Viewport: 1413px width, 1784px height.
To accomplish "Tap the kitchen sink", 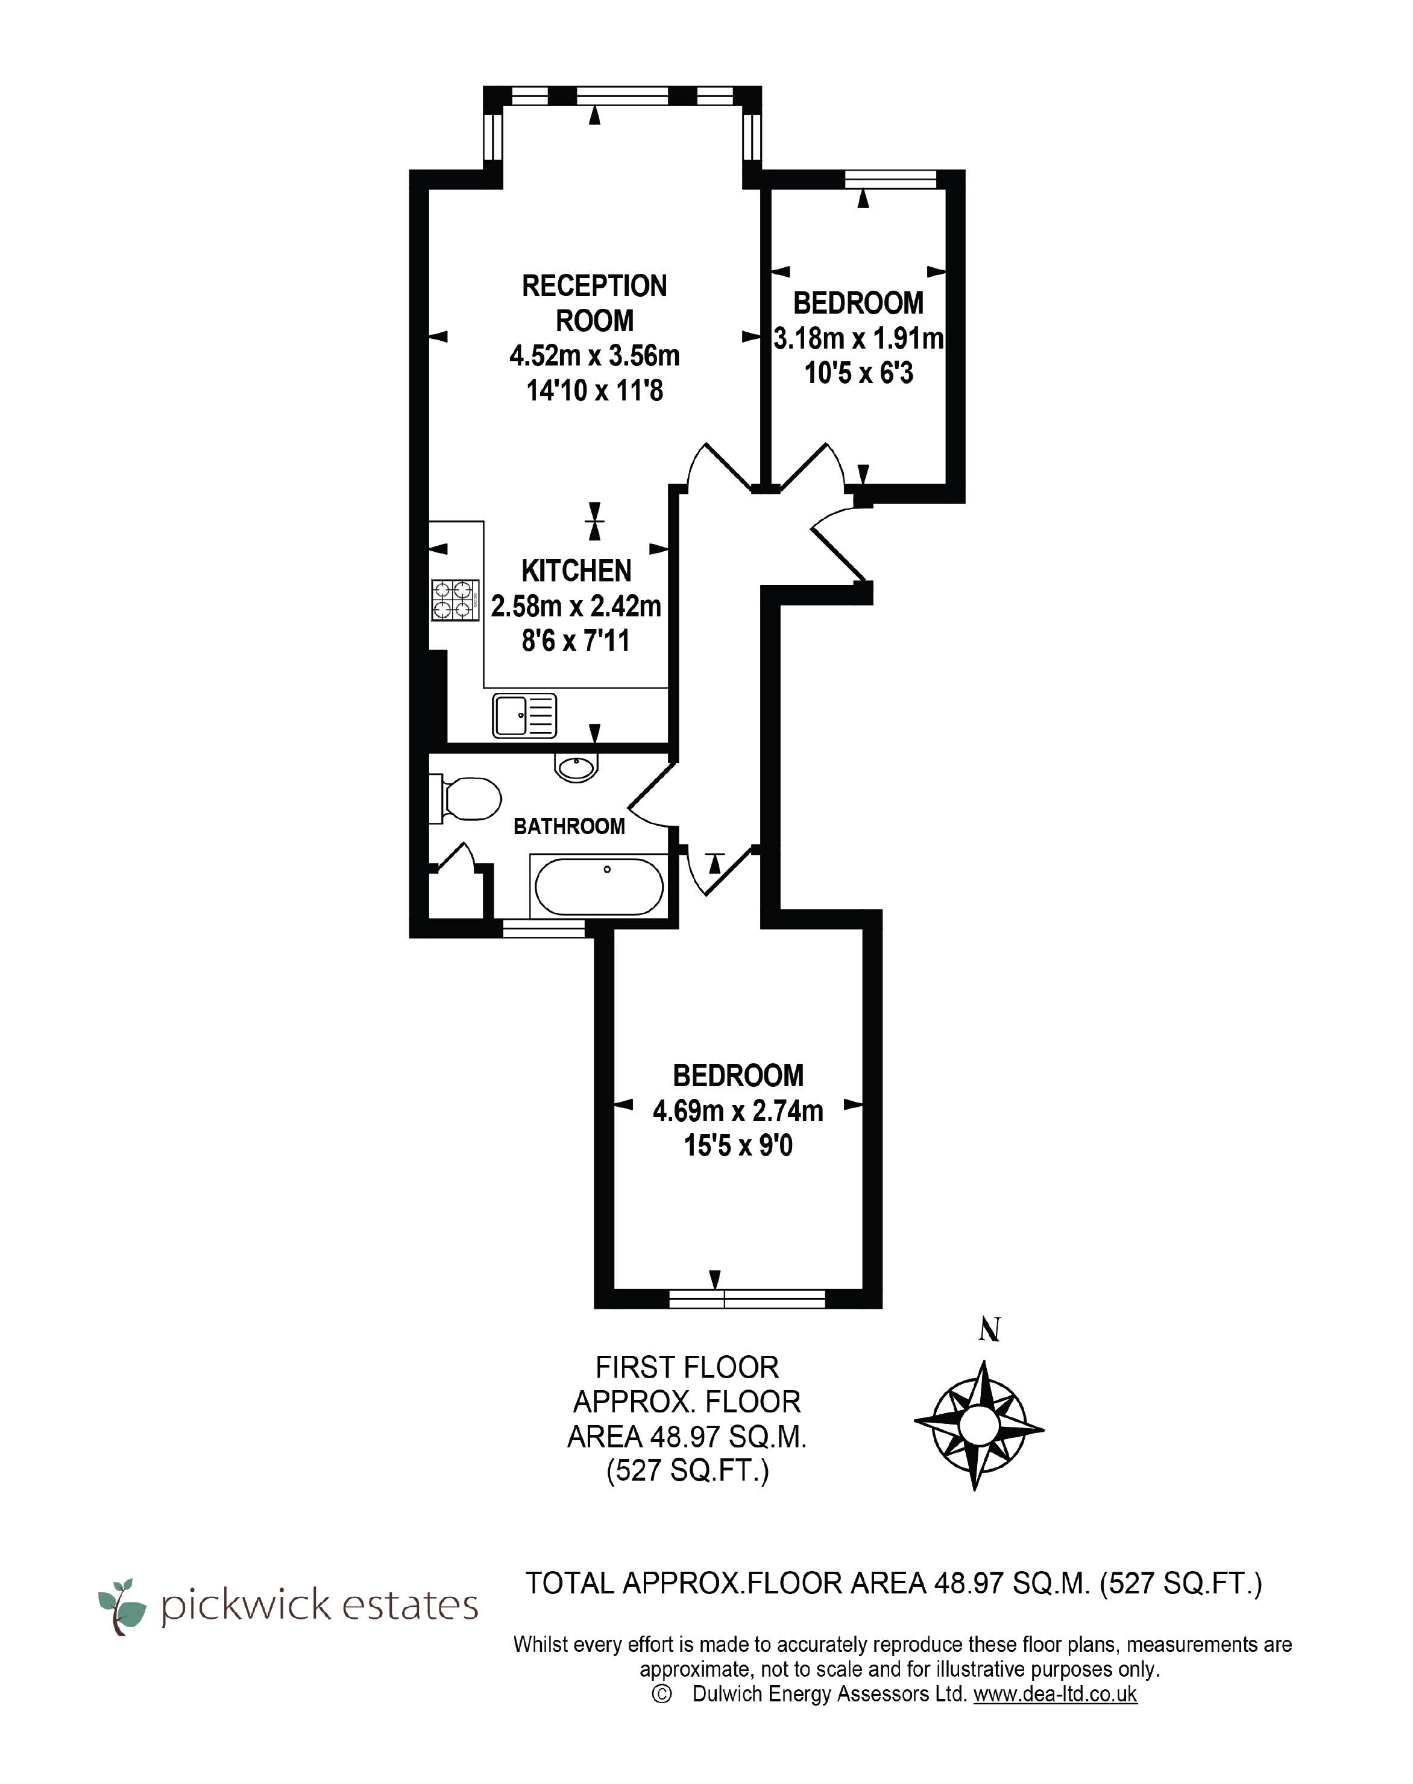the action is point(524,715).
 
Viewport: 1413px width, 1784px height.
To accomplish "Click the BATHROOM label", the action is point(569,826).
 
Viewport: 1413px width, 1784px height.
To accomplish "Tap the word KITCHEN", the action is point(577,571).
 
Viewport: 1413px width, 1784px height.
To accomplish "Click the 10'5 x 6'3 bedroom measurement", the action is point(859,373).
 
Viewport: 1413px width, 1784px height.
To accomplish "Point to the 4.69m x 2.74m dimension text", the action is point(738,1110).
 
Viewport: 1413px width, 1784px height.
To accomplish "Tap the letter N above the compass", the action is point(989,1330).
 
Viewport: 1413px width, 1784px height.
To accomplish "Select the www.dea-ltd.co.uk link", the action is point(1055,1694).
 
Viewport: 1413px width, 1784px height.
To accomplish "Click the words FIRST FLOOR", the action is point(687,1367).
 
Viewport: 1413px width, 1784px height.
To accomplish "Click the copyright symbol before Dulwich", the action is point(661,1694).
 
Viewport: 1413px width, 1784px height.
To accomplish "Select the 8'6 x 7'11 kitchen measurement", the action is point(576,641).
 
